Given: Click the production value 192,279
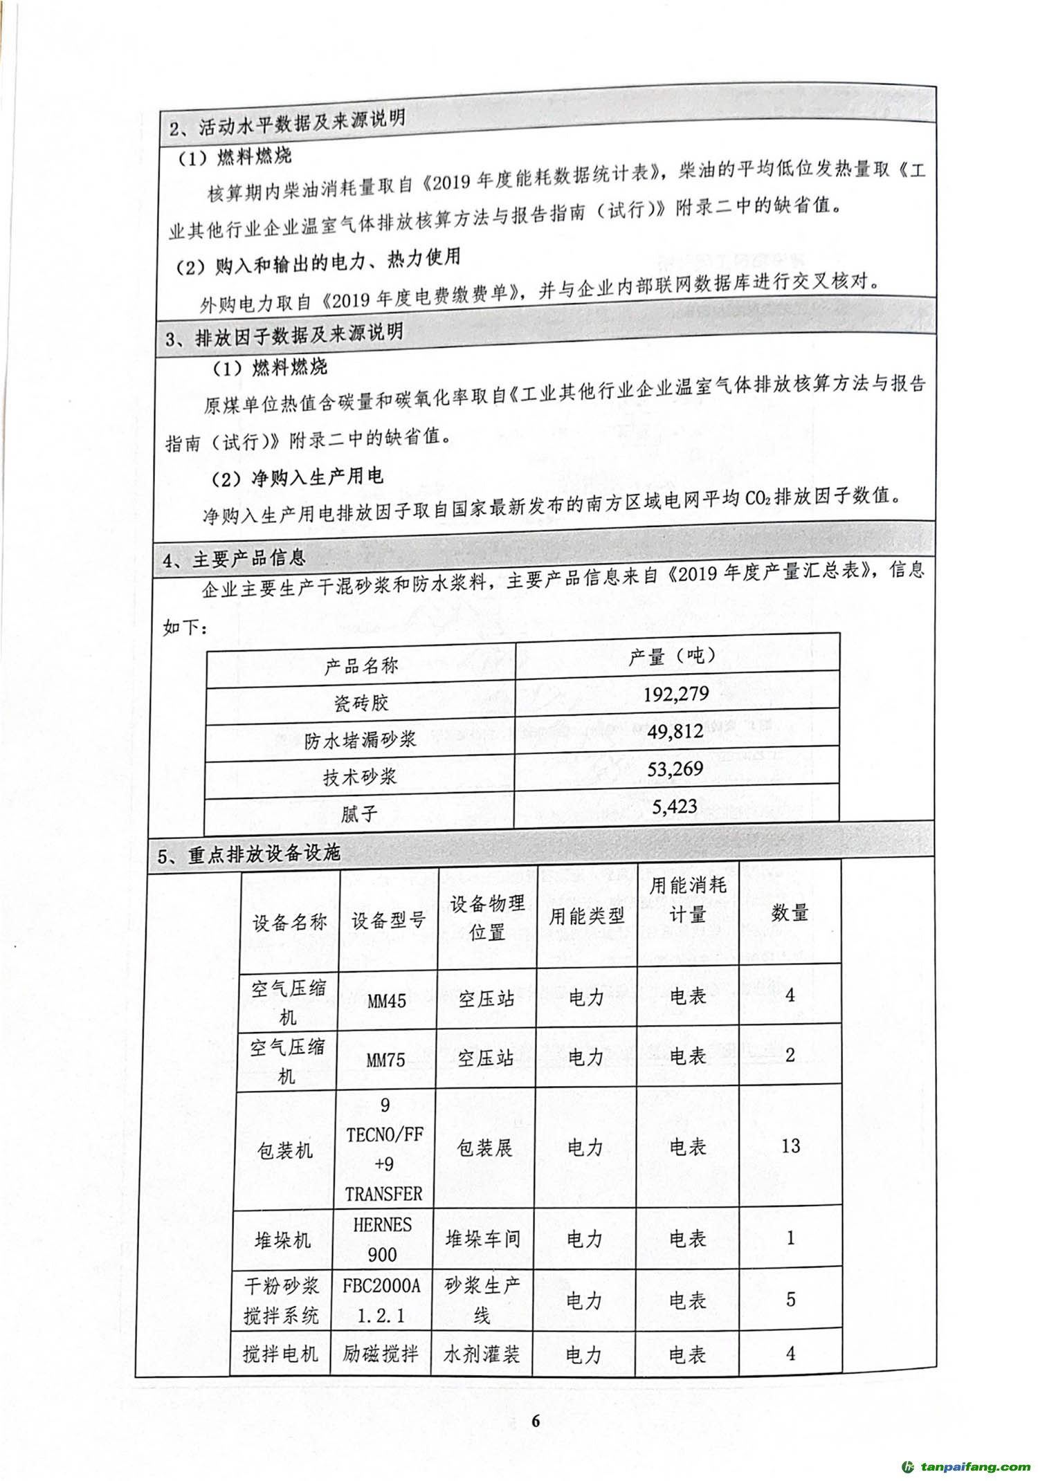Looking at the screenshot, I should pyautogui.click(x=676, y=694).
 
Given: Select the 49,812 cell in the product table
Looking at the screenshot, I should pyautogui.click(x=676, y=731).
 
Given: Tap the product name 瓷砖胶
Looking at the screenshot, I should pyautogui.click(x=361, y=703).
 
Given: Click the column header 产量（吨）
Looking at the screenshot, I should pyautogui.click(x=672, y=656).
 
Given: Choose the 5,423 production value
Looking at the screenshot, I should pyautogui.click(x=675, y=807).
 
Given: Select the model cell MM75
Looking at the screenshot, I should pyautogui.click(x=385, y=1060).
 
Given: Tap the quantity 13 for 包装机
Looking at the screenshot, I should pyautogui.click(x=790, y=1146).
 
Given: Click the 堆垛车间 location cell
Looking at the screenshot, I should pyautogui.click(x=483, y=1238).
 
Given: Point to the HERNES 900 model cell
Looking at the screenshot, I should pyautogui.click(x=382, y=1239).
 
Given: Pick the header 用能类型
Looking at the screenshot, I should pyautogui.click(x=586, y=917).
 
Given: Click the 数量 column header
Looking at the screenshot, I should pyautogui.click(x=790, y=913).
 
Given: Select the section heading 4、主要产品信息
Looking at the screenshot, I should pyautogui.click(x=234, y=559).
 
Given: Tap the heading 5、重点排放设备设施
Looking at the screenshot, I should pyautogui.click(x=249, y=855).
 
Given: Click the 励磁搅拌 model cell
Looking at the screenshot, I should pyautogui.click(x=381, y=1354).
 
